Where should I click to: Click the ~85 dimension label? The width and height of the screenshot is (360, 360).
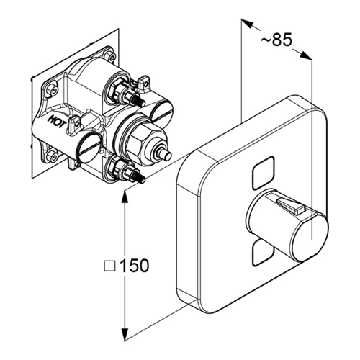276,40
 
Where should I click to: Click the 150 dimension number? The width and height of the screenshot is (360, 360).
134,266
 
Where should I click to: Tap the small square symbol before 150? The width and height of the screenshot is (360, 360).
109,266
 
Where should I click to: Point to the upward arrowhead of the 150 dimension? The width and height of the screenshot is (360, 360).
125,197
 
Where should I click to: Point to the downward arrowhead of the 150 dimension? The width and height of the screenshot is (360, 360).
125,334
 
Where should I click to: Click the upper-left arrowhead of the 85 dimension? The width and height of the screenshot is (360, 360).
247,24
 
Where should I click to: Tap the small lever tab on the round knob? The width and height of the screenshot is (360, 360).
290,204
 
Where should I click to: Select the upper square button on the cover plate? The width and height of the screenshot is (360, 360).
263,173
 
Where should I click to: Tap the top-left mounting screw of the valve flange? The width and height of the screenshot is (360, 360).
53,89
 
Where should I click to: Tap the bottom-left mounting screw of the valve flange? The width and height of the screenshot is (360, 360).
53,157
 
